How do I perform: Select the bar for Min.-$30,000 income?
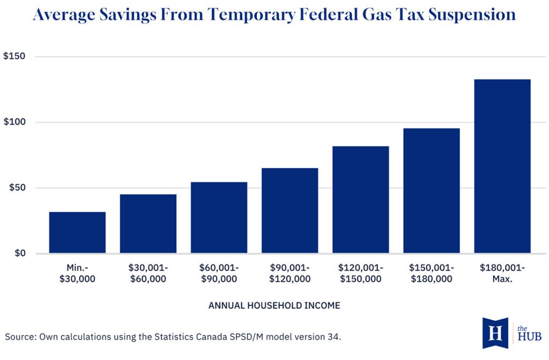[77, 232]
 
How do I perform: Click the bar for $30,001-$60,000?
[148, 224]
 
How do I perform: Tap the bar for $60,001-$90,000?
[219, 217]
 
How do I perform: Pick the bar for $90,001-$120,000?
[290, 210]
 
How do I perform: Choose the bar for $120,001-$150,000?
[360, 200]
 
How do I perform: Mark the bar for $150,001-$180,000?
[431, 190]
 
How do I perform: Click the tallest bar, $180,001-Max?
[502, 166]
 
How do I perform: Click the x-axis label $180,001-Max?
[502, 273]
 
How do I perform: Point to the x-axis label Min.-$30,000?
[77, 273]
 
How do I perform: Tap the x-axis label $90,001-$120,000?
[290, 273]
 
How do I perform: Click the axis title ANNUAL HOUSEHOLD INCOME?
[274, 305]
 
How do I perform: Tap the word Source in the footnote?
[20, 337]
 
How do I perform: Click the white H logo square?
[495, 333]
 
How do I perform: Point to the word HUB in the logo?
[530, 337]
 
